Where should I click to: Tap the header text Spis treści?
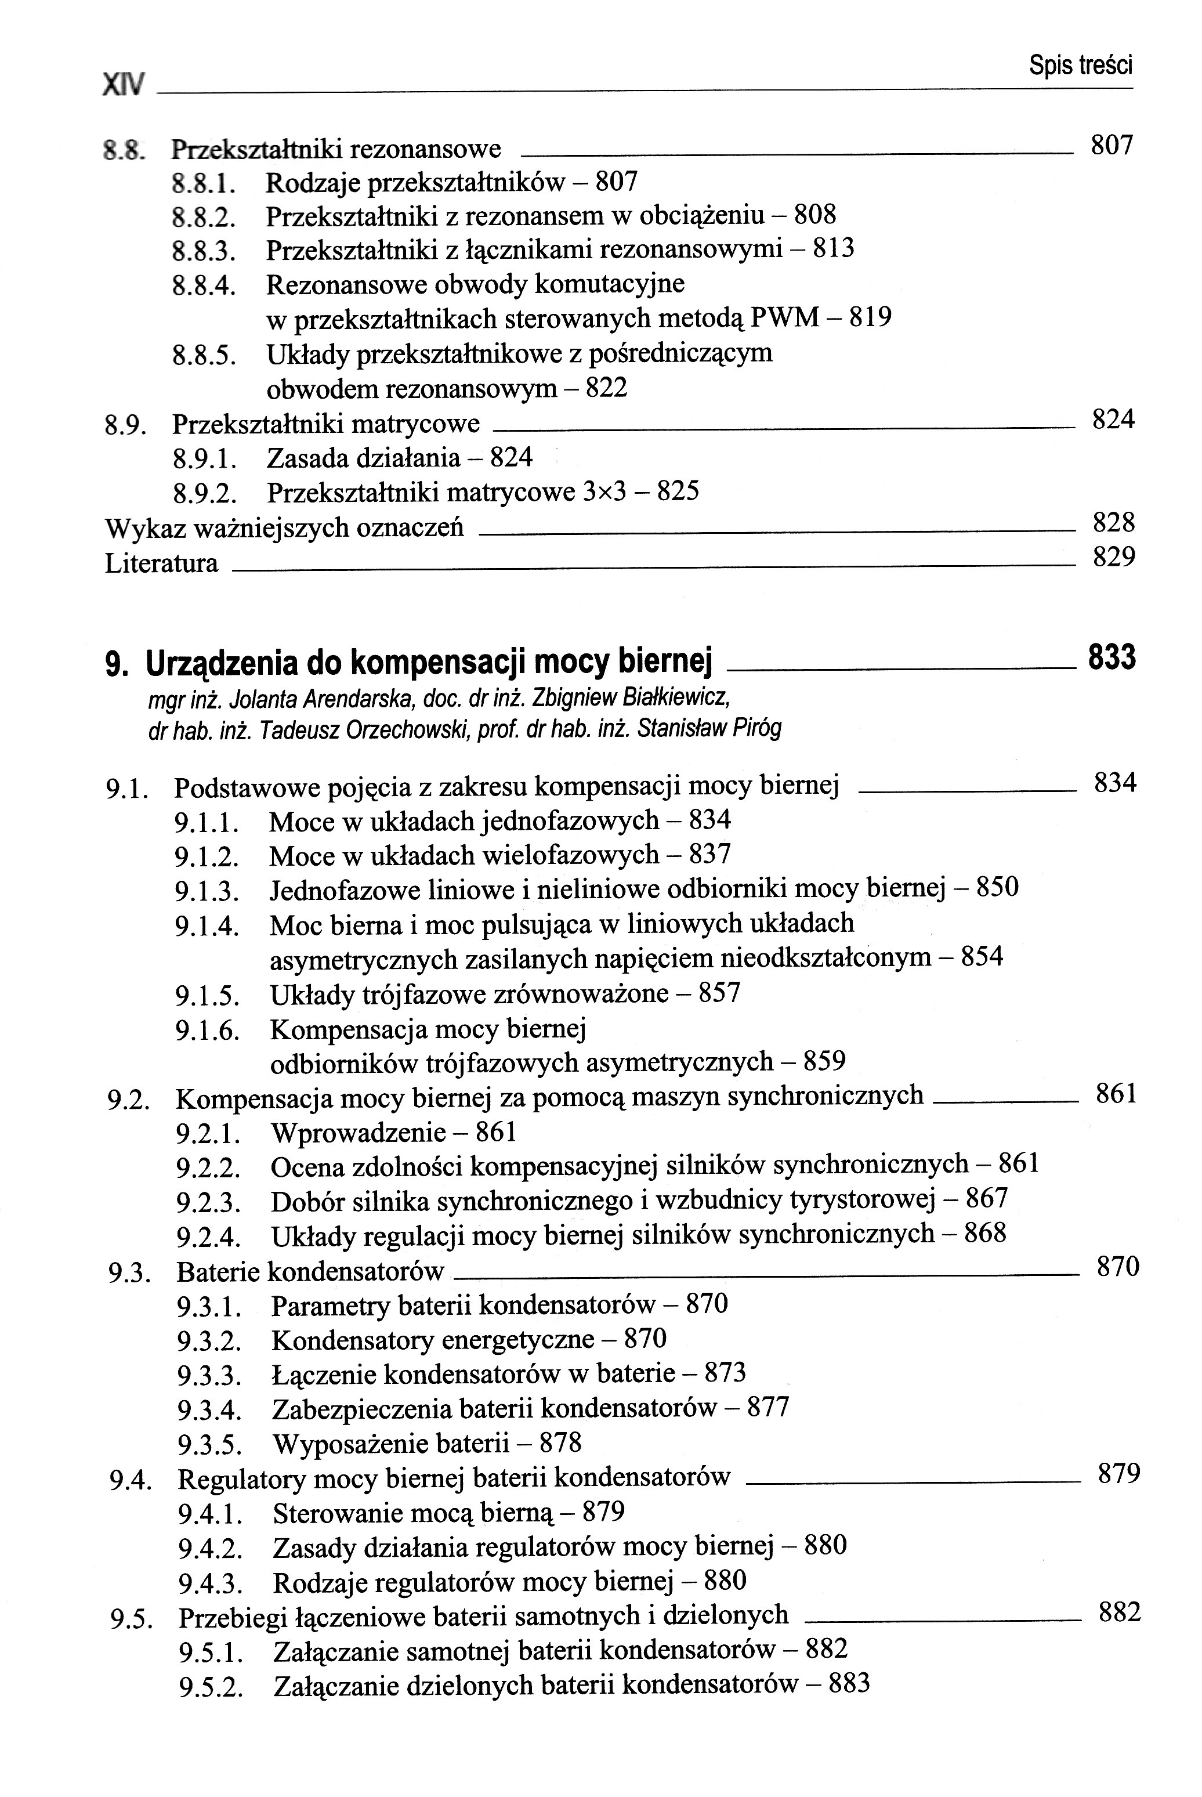(x=1080, y=67)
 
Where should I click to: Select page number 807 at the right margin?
(x=1112, y=145)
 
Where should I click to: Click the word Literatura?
(x=161, y=563)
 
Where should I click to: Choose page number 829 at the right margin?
(x=1113, y=558)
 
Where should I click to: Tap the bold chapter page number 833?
(x=1112, y=659)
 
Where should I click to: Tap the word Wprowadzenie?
(x=358, y=1132)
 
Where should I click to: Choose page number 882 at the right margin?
(x=1119, y=1613)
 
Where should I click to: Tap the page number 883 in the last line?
(x=849, y=1684)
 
